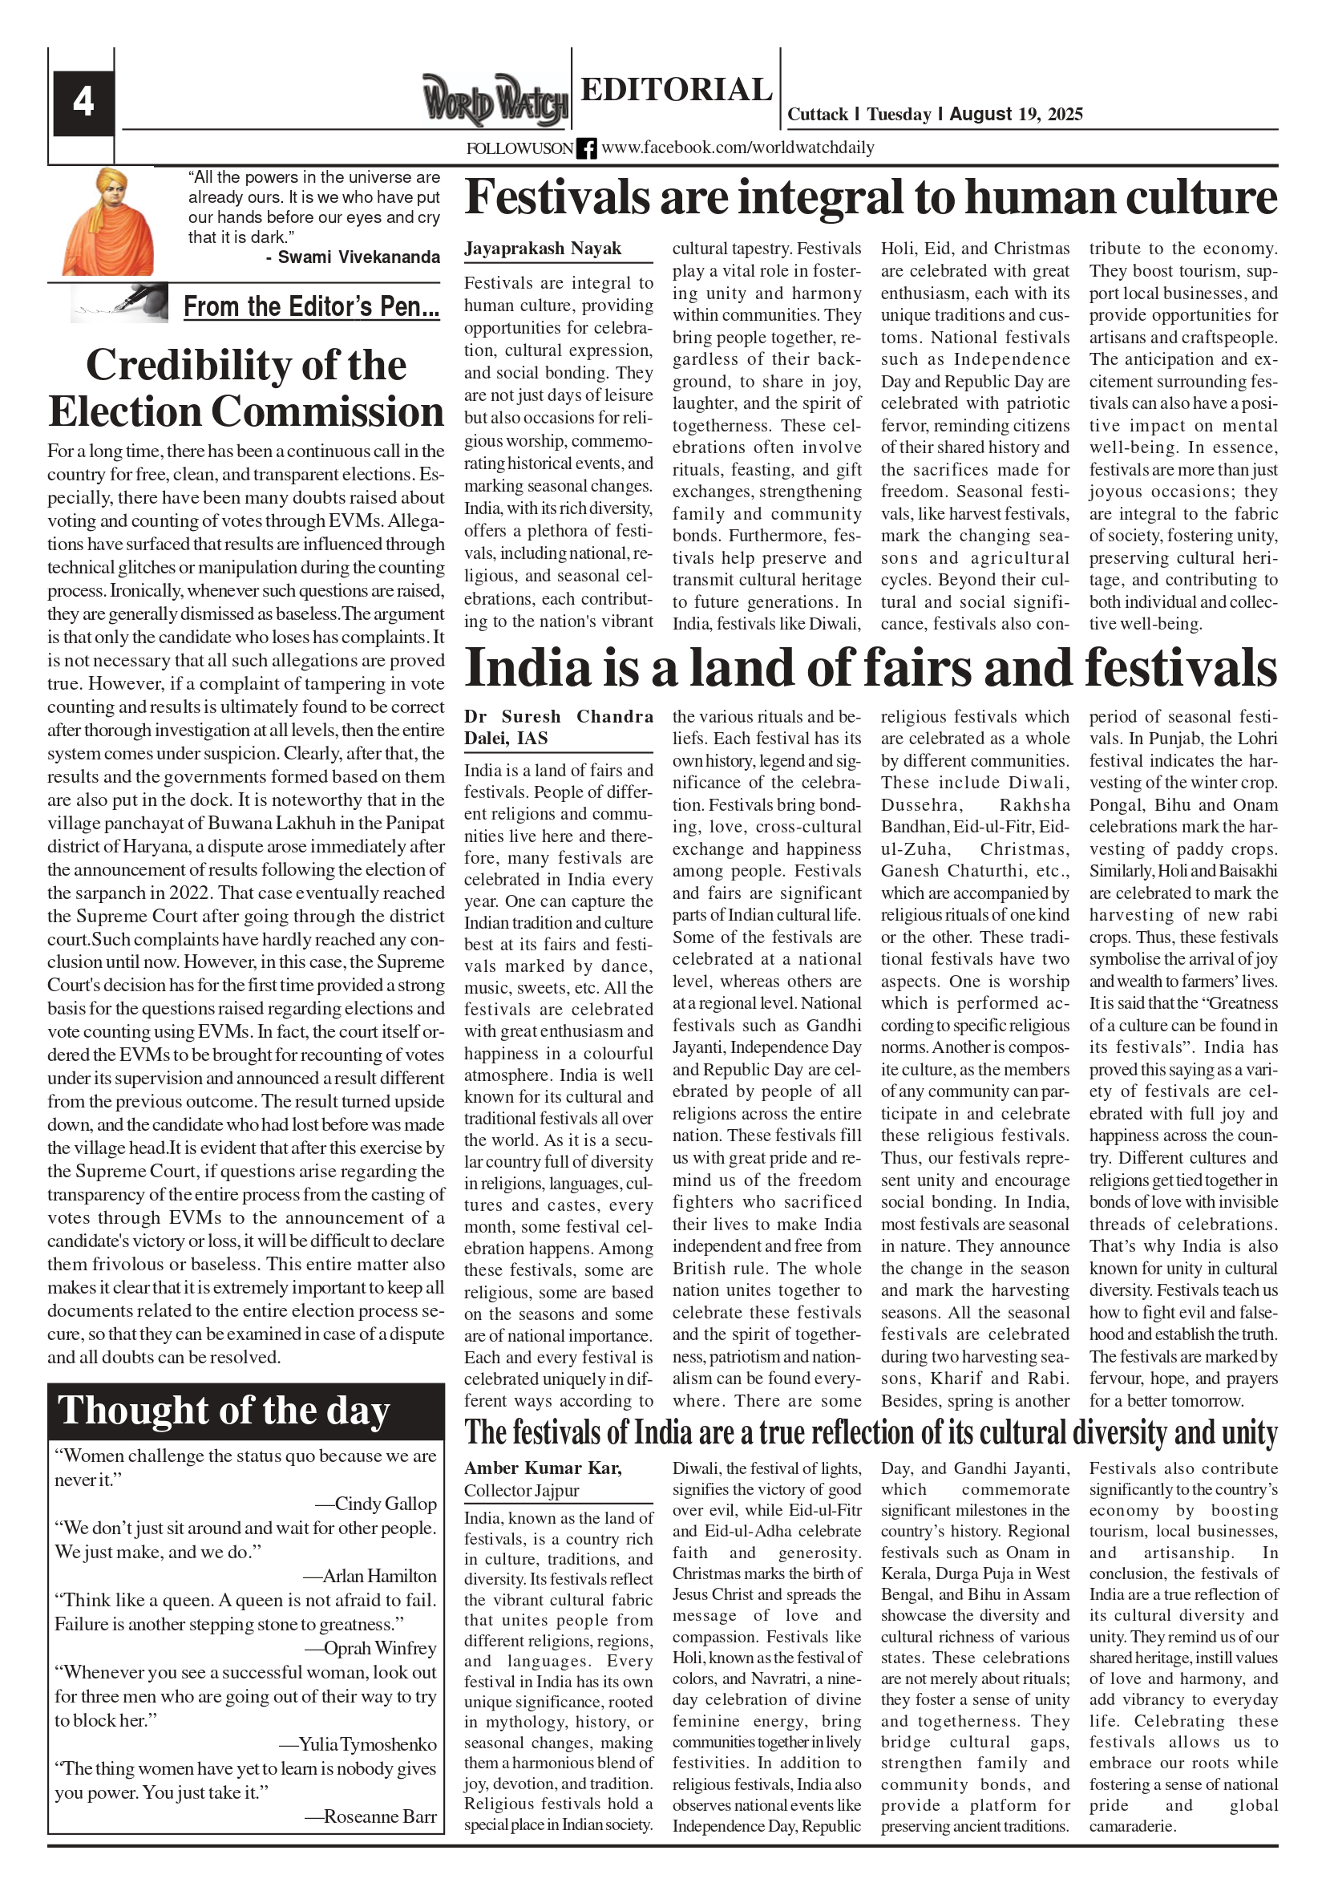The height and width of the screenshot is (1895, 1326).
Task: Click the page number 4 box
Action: (x=83, y=103)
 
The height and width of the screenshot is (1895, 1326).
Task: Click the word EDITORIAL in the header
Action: (x=676, y=90)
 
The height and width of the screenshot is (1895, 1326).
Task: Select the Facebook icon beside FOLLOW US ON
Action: (x=586, y=148)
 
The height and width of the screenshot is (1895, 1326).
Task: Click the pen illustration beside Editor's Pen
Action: (x=120, y=303)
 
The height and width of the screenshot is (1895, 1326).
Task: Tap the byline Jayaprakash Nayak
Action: (x=543, y=249)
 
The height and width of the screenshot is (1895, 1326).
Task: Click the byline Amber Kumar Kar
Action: (x=543, y=1468)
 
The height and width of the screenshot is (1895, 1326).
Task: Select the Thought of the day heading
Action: (x=223, y=1411)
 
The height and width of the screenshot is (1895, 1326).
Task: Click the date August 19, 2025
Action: (x=1016, y=114)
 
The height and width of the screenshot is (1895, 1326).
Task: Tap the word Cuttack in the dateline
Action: (x=817, y=114)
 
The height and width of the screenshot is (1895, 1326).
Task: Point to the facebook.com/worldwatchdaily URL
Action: (x=738, y=148)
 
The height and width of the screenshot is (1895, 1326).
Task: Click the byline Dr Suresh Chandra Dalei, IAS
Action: (x=558, y=727)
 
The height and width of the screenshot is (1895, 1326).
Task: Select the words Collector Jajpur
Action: (x=521, y=1491)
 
